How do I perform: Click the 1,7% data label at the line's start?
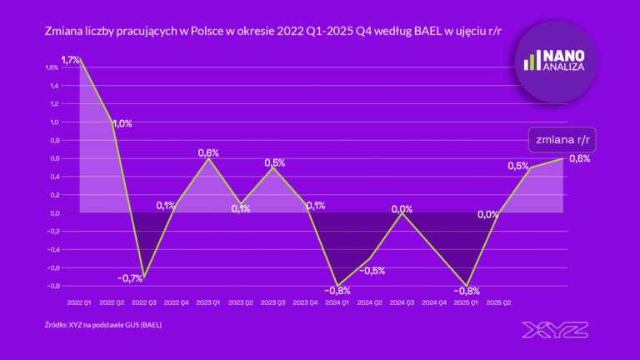(70, 59)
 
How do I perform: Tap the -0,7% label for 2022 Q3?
(129, 278)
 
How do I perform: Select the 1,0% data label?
(122, 123)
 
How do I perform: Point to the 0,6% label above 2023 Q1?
(208, 152)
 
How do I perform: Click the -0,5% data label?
(372, 270)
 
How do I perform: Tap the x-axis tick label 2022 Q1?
(80, 303)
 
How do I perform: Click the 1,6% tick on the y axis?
(52, 67)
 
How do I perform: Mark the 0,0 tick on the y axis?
(54, 212)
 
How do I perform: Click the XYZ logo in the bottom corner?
(555, 329)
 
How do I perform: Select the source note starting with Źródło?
(103, 324)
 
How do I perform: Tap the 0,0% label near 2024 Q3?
(402, 209)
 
